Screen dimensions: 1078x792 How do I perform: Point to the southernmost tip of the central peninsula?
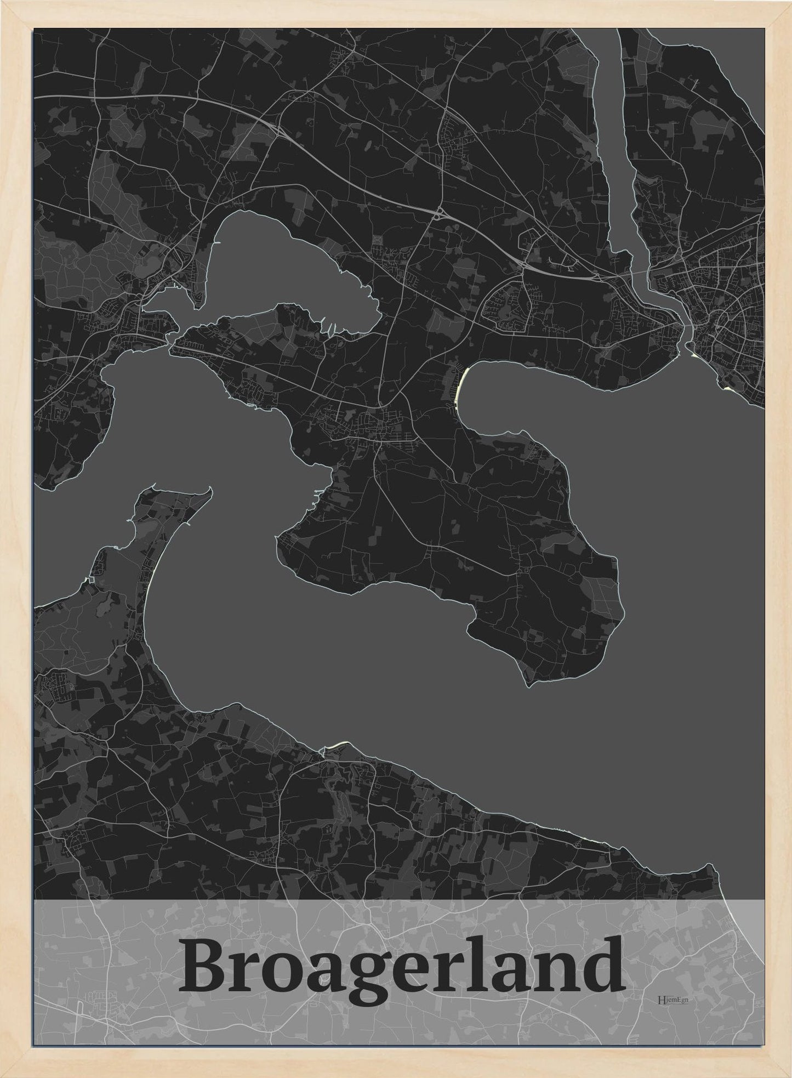pos(527,685)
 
